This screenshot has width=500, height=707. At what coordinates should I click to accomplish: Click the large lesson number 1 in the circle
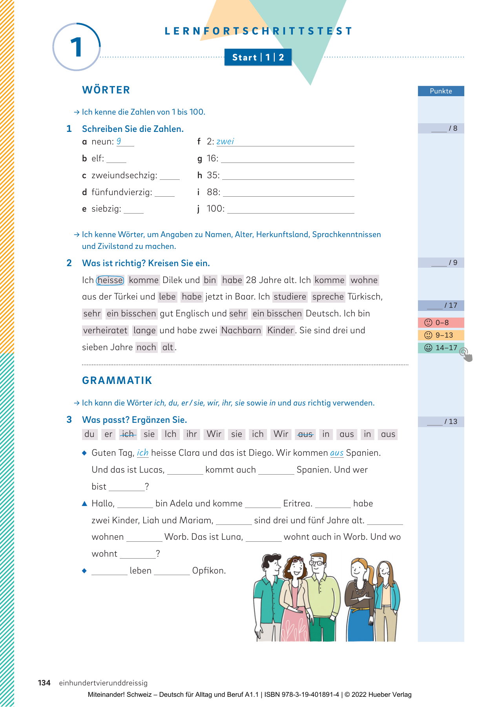click(x=76, y=47)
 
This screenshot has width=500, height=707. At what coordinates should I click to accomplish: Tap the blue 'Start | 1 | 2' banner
click(x=258, y=57)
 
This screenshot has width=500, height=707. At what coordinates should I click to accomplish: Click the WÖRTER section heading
click(x=106, y=90)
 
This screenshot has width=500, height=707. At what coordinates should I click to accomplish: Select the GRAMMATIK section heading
click(x=117, y=380)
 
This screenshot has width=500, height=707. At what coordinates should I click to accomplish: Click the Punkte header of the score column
click(x=441, y=91)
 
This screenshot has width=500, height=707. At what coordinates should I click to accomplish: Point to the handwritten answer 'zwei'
click(x=225, y=141)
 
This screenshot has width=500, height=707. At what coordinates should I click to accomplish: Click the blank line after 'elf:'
click(x=116, y=159)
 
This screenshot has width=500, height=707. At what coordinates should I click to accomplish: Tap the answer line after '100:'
click(x=290, y=210)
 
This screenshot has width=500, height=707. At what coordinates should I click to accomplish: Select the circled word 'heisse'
click(x=110, y=280)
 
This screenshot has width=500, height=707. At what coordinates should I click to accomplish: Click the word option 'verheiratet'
click(x=105, y=331)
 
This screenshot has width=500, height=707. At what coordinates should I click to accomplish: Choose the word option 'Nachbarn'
click(x=241, y=331)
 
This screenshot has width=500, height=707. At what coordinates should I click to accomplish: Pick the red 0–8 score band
click(x=441, y=323)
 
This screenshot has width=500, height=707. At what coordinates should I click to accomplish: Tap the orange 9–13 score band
click(x=441, y=335)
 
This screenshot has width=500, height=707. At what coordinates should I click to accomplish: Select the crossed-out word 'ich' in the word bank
click(x=128, y=434)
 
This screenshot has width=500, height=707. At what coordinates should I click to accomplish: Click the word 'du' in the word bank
click(x=89, y=434)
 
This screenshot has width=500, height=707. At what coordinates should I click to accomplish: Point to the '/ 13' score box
click(x=441, y=422)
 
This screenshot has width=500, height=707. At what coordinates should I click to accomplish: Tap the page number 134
click(x=44, y=683)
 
